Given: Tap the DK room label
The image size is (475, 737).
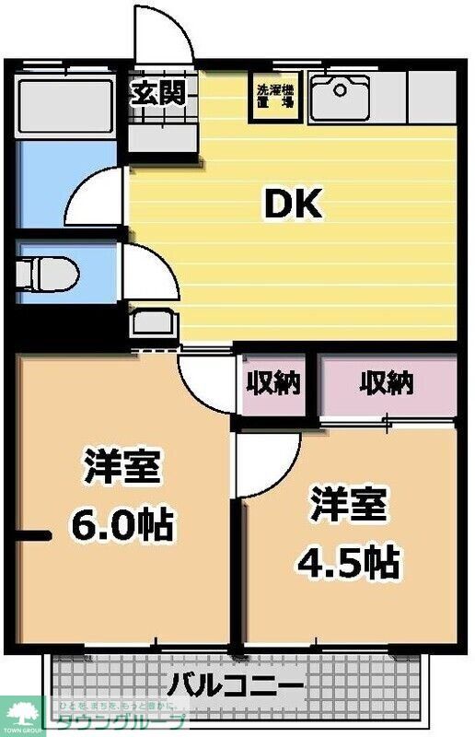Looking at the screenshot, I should [x=294, y=205].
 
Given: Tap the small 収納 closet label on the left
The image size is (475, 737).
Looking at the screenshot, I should [x=273, y=381].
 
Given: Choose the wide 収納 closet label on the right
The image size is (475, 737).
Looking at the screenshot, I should [x=387, y=381].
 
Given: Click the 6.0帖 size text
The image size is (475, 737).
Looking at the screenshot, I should [x=122, y=525].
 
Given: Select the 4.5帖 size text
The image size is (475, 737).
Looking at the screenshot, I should [x=348, y=558].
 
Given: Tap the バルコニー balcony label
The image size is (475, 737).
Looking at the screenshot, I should [x=236, y=686].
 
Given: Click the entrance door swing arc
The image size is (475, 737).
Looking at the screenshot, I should [x=162, y=37].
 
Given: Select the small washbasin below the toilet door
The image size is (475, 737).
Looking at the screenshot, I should [x=154, y=323].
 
